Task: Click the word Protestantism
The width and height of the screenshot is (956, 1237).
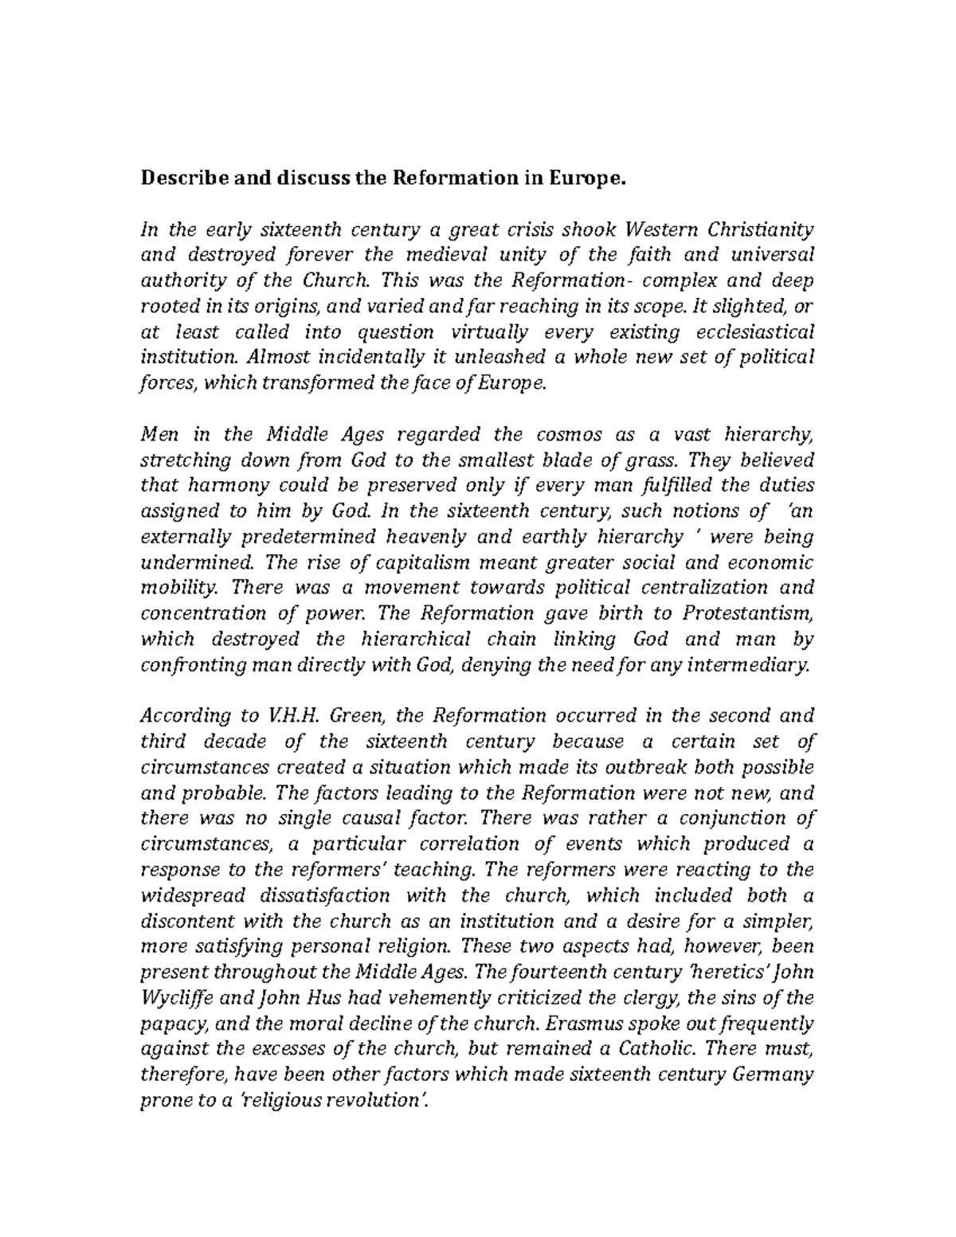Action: [x=746, y=613]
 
